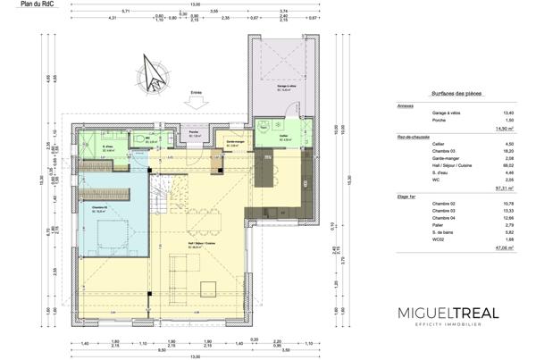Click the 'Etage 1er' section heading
coord(408,195)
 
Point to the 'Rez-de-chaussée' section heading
coord(414,137)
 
